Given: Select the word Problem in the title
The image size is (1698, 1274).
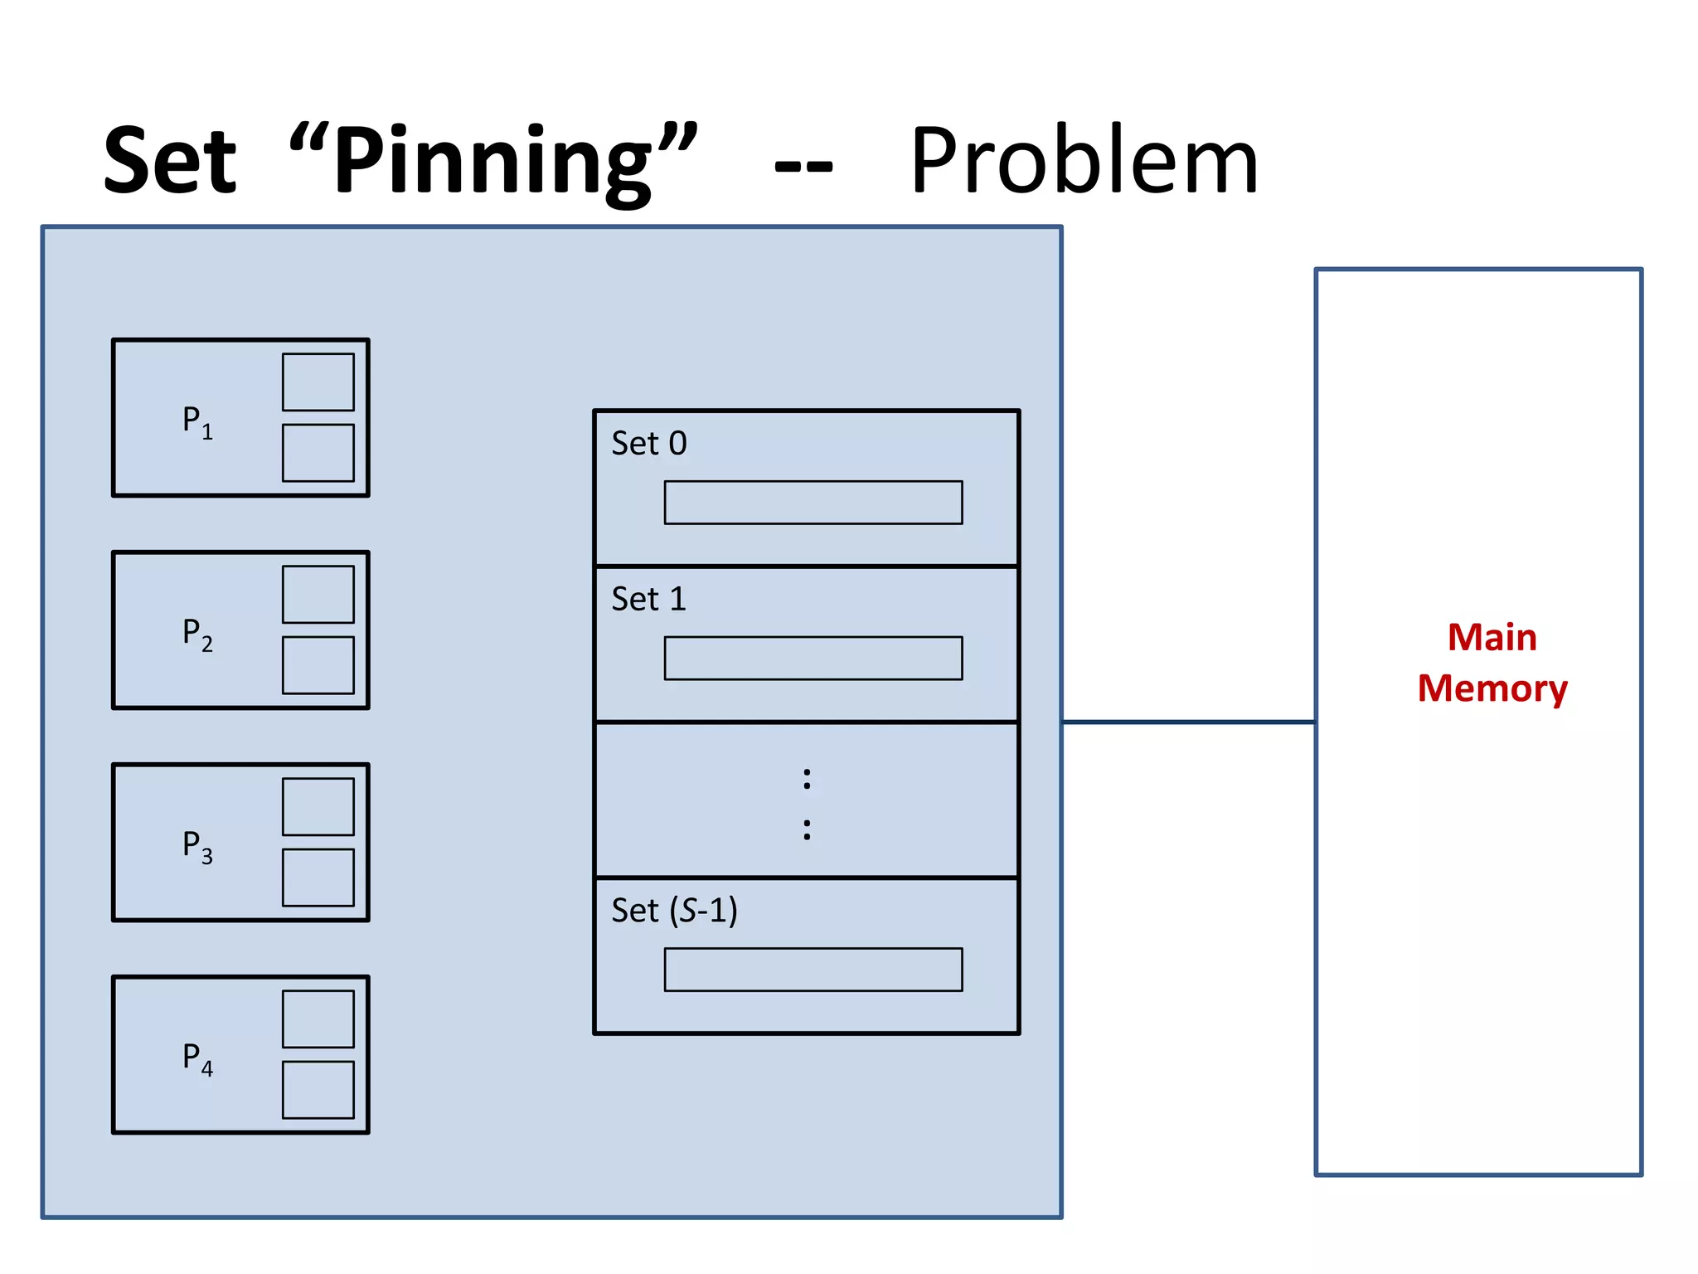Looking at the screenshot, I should [1084, 162].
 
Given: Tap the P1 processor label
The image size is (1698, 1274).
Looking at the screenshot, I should [197, 421].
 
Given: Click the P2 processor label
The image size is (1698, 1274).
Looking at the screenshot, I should [197, 634].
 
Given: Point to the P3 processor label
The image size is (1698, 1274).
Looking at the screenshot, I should [197, 846].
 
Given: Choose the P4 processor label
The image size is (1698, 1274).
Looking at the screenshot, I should [197, 1058].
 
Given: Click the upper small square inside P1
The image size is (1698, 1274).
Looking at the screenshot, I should [318, 382].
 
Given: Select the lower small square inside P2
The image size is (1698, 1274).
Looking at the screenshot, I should [318, 665].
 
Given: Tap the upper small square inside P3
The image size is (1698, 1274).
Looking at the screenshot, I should [318, 807].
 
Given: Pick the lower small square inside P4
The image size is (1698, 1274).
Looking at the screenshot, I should [318, 1090].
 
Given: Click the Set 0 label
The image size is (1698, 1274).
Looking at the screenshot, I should [649, 444].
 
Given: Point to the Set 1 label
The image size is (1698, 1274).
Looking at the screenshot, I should [649, 599].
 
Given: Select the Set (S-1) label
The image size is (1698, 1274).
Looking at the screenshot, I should [674, 911].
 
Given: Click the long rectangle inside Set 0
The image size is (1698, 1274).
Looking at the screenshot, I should [813, 503].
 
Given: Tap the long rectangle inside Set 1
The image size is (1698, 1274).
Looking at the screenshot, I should [813, 659].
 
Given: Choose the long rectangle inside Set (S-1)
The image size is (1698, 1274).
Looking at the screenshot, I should [813, 970].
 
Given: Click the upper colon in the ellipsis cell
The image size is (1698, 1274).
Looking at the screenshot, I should [807, 779].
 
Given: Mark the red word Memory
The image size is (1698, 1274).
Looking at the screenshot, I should [1492, 689].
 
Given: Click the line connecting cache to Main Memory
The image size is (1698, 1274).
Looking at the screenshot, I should [1188, 722].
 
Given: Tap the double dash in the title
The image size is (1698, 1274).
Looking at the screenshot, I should [803, 166].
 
